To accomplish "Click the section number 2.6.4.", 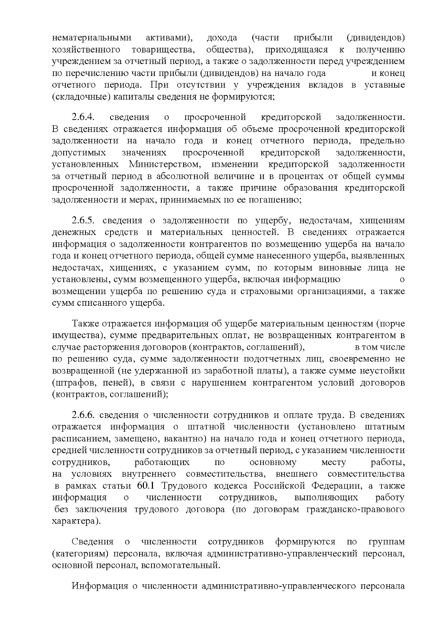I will tap(83, 117).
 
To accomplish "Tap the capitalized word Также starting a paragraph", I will tap(86, 324).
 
